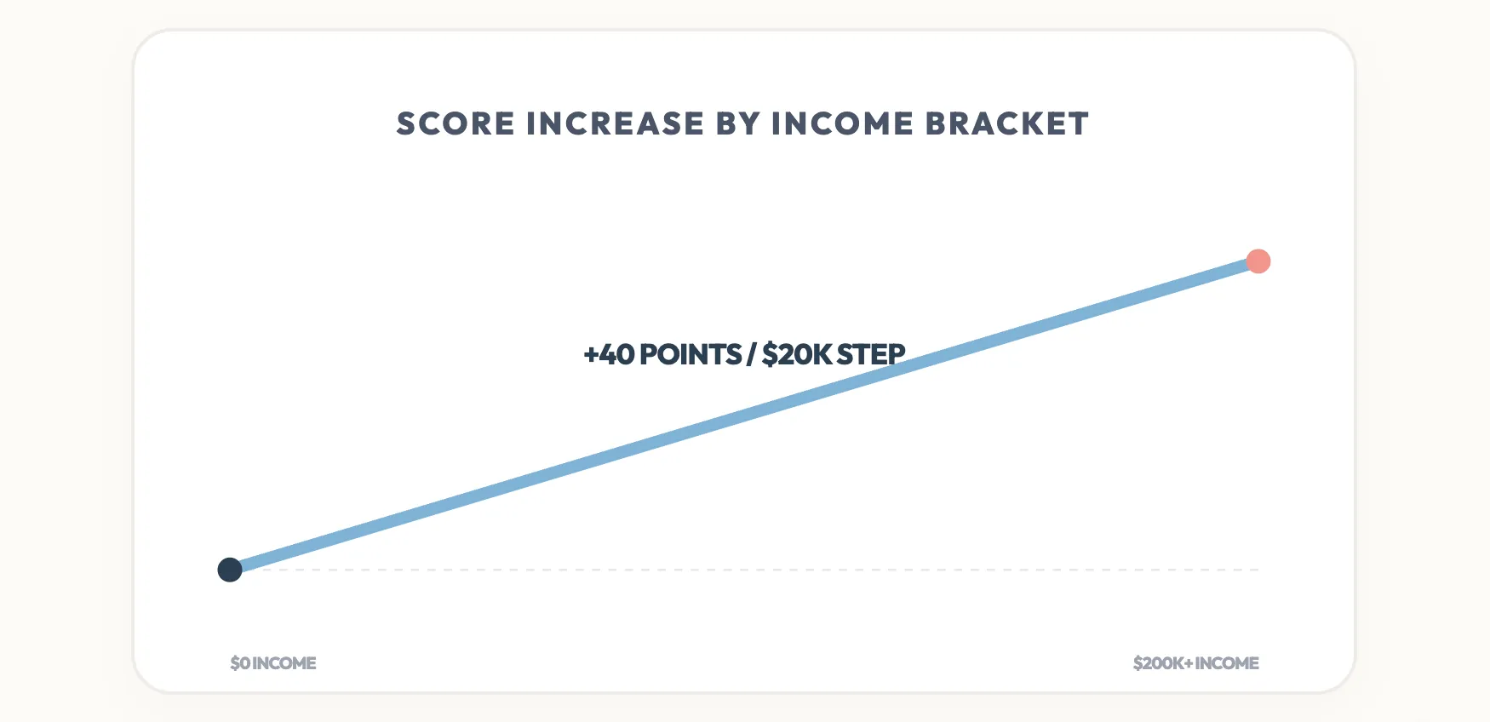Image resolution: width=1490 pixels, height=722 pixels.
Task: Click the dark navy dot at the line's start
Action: [230, 570]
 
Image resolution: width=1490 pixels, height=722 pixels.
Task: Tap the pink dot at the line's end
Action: [1258, 261]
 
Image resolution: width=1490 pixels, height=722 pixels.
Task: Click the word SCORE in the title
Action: [456, 124]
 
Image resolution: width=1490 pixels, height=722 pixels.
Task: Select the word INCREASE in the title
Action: [615, 124]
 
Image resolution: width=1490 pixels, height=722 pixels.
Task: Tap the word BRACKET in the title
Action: [1006, 124]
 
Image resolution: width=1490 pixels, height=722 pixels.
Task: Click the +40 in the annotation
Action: [609, 355]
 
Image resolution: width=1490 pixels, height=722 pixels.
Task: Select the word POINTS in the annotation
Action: [691, 355]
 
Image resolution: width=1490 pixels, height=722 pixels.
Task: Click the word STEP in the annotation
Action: [871, 355]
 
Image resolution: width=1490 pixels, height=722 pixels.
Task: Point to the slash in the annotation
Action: [751, 355]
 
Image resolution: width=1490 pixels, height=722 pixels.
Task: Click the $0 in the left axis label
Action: [239, 663]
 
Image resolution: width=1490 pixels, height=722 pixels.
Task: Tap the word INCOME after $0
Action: [284, 663]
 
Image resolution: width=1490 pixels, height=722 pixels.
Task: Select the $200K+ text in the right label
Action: [1162, 663]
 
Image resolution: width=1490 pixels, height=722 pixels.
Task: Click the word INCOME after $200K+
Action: [1227, 663]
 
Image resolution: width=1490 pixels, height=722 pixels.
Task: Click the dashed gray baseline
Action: [766, 570]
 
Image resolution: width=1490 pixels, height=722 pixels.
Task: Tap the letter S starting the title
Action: [406, 124]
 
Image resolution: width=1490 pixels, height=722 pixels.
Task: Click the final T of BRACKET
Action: [1080, 124]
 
